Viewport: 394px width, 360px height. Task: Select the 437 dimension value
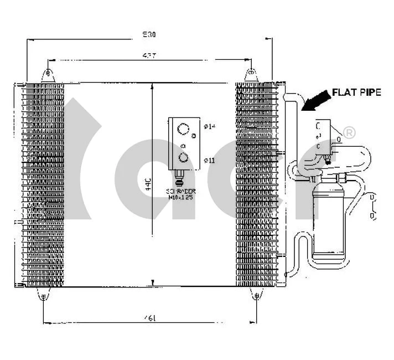(x=149, y=55)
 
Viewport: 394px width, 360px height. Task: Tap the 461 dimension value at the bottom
(x=149, y=317)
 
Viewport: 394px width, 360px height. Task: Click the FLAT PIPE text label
(x=356, y=92)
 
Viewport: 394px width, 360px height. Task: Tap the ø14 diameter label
(x=209, y=126)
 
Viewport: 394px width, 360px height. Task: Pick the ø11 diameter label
(x=209, y=160)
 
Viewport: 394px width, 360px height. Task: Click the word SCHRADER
(x=180, y=191)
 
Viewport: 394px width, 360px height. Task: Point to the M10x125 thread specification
(x=180, y=197)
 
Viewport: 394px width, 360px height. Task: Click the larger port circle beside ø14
(x=183, y=130)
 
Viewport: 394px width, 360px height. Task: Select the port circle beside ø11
(x=183, y=158)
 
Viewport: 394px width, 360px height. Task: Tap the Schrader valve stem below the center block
(x=179, y=177)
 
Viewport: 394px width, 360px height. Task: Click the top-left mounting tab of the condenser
(x=49, y=73)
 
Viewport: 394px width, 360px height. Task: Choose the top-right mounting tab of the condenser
(x=251, y=73)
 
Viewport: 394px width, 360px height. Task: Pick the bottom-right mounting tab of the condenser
(x=256, y=296)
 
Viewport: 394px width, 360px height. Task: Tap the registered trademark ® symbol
(x=350, y=133)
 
